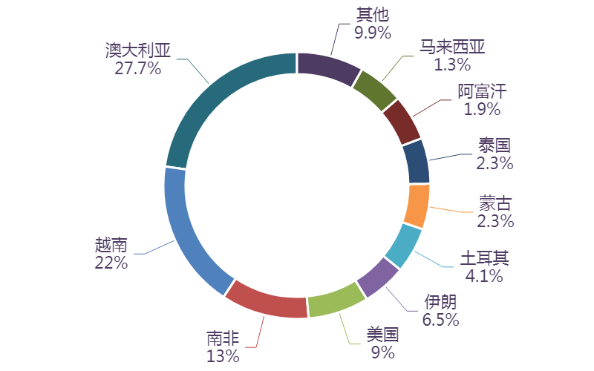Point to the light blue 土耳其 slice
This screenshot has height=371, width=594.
point(405,246)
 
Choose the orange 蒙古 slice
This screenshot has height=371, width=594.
point(418,206)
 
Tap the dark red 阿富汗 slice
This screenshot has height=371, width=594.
point(402,122)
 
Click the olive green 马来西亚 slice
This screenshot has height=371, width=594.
point(374,89)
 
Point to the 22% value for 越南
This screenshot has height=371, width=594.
point(111,262)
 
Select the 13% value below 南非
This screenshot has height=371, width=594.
point(223,356)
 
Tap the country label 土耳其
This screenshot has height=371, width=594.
point(484,258)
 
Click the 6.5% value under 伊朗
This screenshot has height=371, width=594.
point(440,320)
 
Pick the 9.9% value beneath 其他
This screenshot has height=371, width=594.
point(372,31)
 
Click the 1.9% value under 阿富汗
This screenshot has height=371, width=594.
point(482,109)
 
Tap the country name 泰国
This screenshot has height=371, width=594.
point(495,145)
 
